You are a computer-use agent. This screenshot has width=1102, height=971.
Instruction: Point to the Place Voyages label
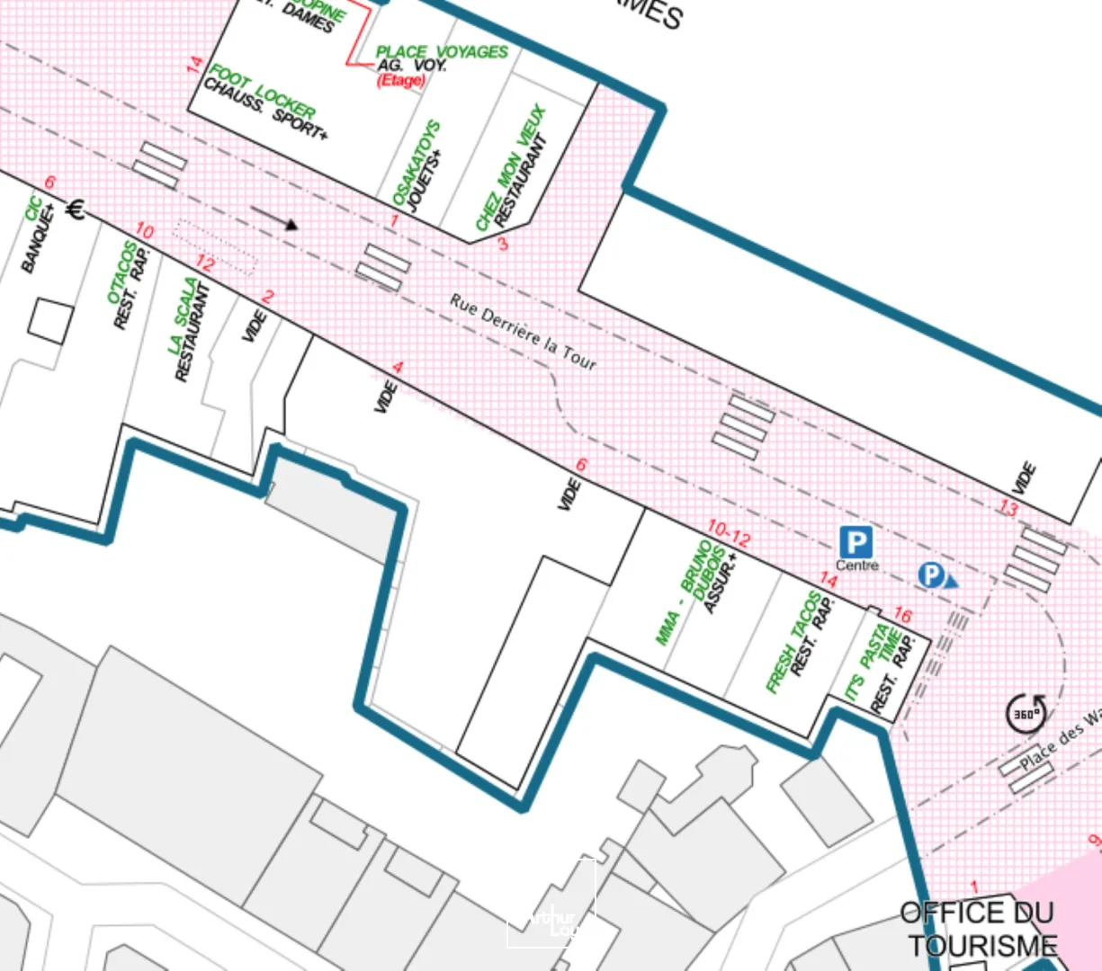[440, 52]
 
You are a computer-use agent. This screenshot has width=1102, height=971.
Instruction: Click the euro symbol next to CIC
[76, 209]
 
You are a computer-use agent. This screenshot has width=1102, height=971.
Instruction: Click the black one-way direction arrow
[274, 218]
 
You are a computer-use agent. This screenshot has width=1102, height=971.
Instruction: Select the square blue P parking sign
[856, 542]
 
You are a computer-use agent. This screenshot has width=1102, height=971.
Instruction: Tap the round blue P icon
[931, 575]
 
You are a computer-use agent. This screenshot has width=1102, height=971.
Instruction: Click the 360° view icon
[1026, 713]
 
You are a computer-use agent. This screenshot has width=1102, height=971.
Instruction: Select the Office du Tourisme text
[980, 930]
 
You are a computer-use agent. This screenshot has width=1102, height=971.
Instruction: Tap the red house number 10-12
[729, 532]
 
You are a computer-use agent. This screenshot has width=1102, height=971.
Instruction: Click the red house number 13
[1008, 509]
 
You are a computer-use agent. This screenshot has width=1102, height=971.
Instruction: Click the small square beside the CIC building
[50, 321]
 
